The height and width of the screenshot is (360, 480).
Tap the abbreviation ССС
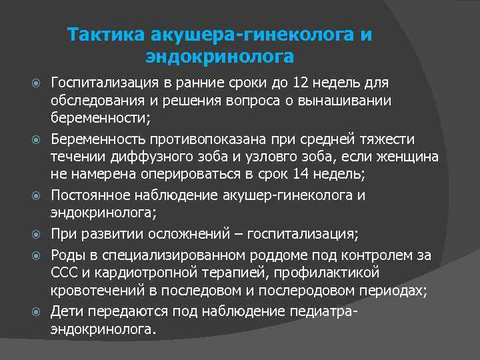point(64,273)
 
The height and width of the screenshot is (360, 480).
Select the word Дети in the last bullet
point(65,311)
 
